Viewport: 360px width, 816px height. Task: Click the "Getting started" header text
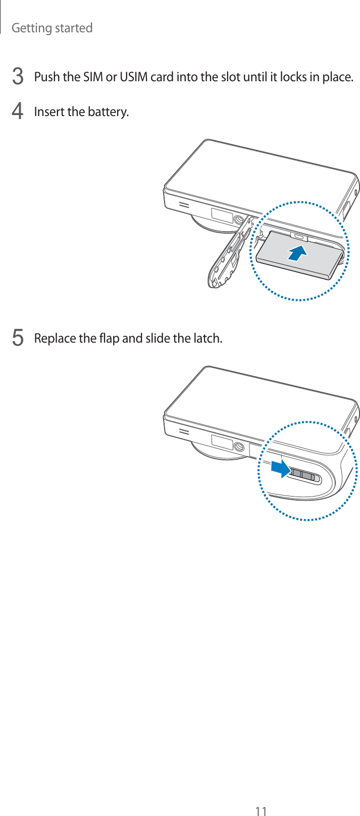click(52, 28)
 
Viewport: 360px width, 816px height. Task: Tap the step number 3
click(17, 77)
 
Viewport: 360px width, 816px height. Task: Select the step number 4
click(17, 112)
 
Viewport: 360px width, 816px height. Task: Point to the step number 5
click(17, 338)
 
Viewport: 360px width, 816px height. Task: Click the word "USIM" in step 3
click(133, 77)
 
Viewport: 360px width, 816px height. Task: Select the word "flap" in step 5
click(109, 338)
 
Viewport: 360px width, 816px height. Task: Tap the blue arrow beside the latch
click(280, 469)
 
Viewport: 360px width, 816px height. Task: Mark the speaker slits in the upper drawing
click(183, 206)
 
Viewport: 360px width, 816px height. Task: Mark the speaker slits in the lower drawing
click(183, 433)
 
